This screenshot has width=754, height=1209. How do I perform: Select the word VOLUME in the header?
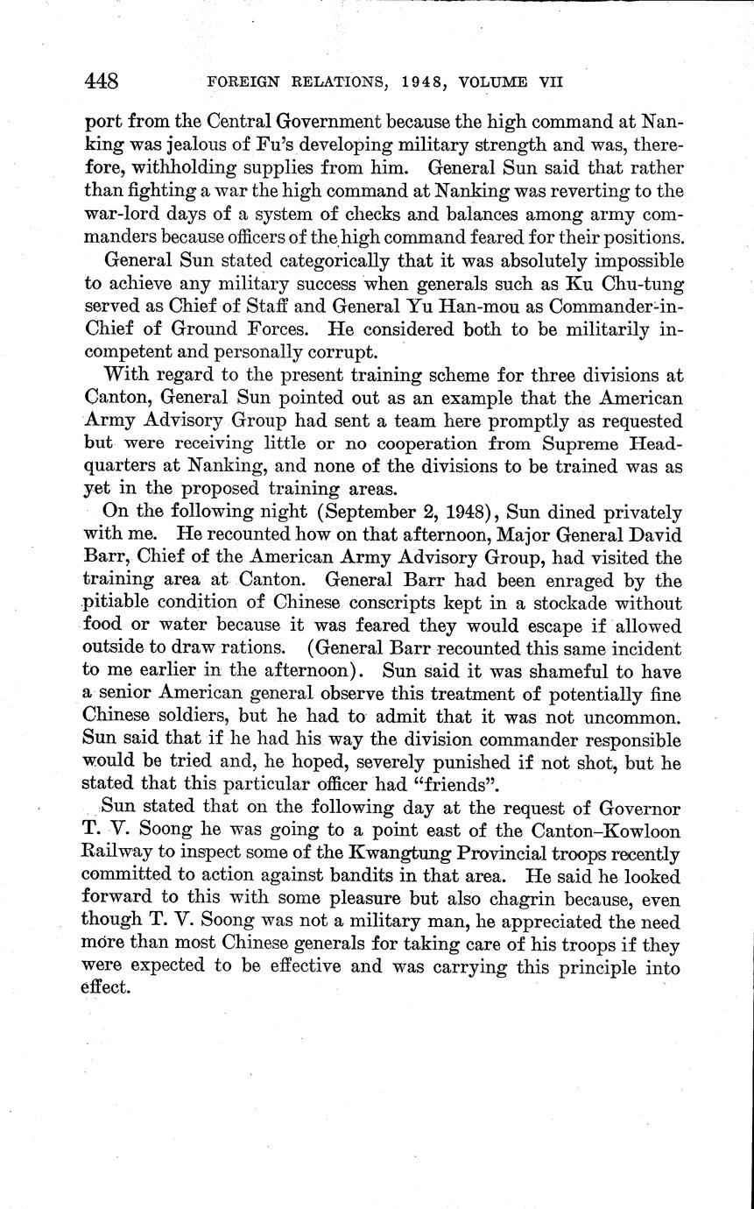click(490, 82)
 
